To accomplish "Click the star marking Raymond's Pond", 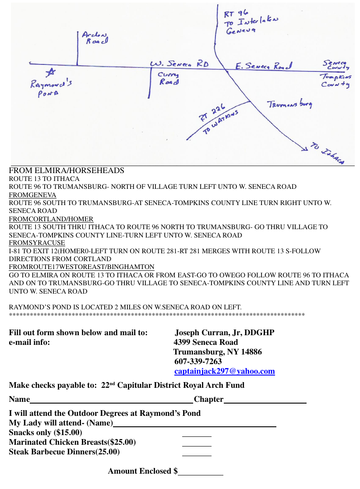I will [51, 73].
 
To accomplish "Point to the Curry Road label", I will [168, 78].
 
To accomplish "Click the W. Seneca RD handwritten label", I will [180, 64].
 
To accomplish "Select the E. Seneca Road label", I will [263, 66].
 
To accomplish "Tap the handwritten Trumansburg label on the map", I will [289, 104].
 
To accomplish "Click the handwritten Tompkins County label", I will [335, 81].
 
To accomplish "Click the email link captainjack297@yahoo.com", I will [225, 372].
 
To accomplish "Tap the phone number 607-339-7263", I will [198, 361].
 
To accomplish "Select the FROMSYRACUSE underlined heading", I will [37, 243].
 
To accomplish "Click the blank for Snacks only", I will [197, 435].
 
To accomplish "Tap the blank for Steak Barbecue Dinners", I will [197, 454].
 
